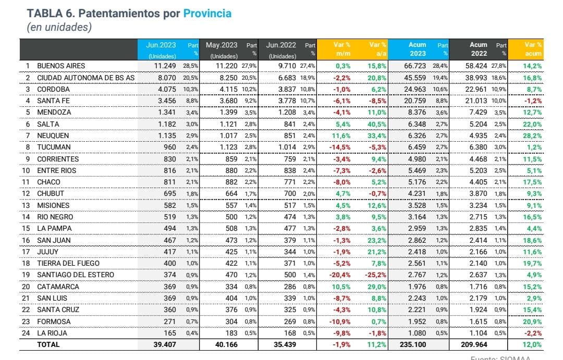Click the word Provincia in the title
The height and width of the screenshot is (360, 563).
point(207,14)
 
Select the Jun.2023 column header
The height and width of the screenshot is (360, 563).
point(161,45)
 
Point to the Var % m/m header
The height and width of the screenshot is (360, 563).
point(342,49)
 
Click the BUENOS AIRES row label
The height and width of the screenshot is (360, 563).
point(60,66)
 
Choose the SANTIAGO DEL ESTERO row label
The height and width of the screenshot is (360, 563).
point(75,275)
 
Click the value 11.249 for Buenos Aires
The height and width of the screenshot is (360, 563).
point(166,66)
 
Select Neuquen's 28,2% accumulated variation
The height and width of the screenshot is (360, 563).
point(532,136)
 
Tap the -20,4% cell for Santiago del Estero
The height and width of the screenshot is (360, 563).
point(340,275)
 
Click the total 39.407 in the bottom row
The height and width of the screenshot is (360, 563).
point(165,344)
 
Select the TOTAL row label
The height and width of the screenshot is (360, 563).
point(48,344)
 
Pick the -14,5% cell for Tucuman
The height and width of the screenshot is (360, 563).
point(340,147)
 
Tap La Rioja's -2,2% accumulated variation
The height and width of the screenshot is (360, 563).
point(532,332)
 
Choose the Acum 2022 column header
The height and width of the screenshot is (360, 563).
point(479,49)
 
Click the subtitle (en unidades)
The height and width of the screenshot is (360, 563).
point(59,28)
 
